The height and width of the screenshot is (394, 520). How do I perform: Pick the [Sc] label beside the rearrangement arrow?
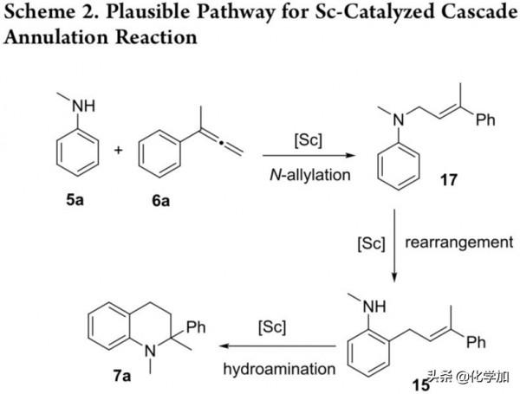369,244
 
